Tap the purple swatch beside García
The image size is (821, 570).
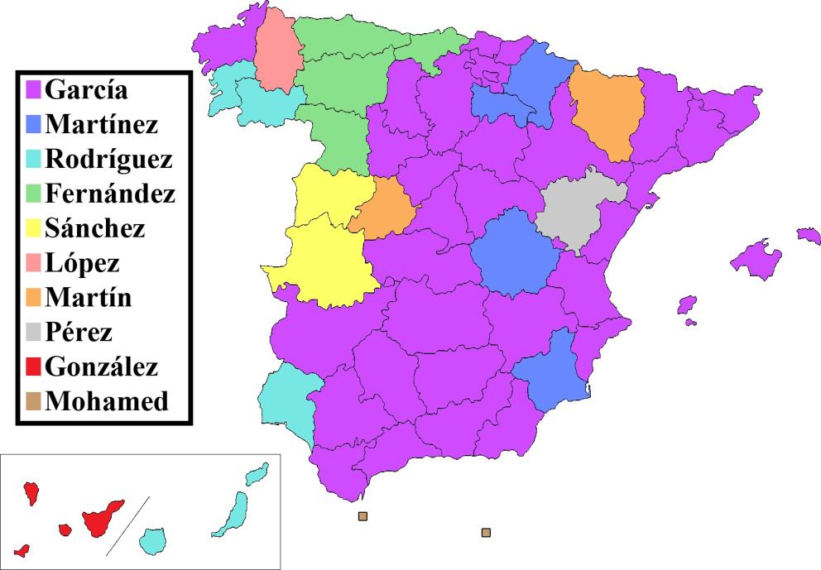[34, 89]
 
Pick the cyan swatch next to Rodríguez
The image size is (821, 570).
[34, 158]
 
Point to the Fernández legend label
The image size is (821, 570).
[110, 193]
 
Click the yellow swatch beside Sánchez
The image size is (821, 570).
[34, 228]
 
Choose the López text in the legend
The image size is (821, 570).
[83, 262]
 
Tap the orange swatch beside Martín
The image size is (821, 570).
[34, 297]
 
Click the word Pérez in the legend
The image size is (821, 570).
[79, 332]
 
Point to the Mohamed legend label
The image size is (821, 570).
[108, 401]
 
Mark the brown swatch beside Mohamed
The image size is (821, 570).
[34, 402]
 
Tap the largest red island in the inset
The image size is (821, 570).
[100, 517]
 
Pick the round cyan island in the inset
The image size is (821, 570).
[152, 542]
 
